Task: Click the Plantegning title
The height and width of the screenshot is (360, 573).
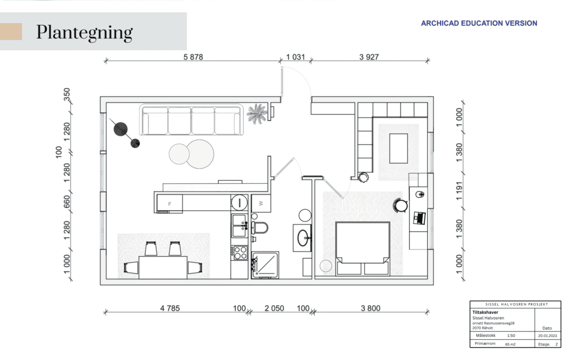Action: coord(85,33)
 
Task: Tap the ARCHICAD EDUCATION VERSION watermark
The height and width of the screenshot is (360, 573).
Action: coord(479,23)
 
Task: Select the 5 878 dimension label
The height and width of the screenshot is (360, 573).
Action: coord(193,57)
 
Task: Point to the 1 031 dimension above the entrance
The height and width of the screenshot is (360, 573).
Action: coord(295,57)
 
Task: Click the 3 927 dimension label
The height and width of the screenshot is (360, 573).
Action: coord(369,57)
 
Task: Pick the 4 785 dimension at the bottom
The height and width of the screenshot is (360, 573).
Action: coord(170,308)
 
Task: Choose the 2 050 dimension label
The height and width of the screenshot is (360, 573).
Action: coord(274,308)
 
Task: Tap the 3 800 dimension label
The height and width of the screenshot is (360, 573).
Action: coord(371,308)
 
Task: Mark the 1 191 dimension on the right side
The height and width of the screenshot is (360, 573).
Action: coord(460,191)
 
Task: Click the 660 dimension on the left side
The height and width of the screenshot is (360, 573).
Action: coord(66,202)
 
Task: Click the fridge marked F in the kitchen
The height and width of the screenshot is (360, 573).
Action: coord(170,203)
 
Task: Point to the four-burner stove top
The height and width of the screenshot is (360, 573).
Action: coord(240,252)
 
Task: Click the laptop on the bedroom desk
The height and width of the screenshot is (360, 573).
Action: coord(419,218)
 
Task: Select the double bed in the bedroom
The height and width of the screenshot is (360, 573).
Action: coord(362,248)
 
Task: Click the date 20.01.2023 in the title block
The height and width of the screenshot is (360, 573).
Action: coord(548,336)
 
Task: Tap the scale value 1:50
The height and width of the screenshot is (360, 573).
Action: coord(511,336)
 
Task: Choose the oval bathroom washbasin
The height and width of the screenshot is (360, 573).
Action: coord(304,238)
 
